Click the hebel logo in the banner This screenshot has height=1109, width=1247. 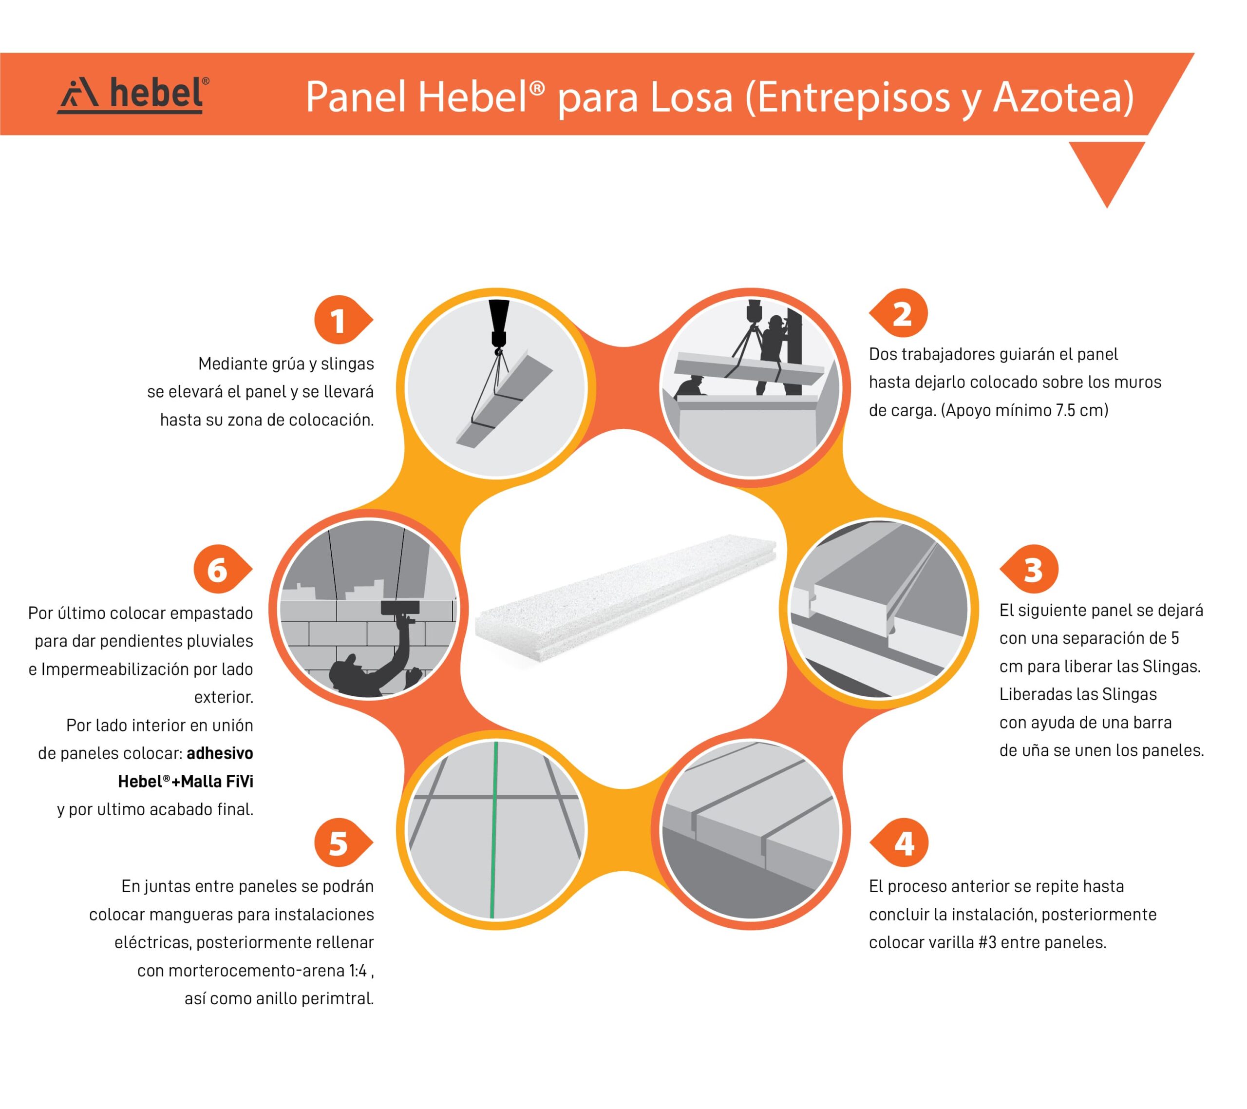click(133, 95)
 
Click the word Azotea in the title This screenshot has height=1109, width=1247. click(1063, 97)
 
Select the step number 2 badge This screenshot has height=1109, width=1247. click(899, 314)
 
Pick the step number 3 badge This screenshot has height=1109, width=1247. click(1029, 569)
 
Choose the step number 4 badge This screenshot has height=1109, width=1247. click(899, 842)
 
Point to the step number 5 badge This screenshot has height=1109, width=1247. click(343, 843)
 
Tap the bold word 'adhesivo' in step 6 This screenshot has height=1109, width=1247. click(220, 753)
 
